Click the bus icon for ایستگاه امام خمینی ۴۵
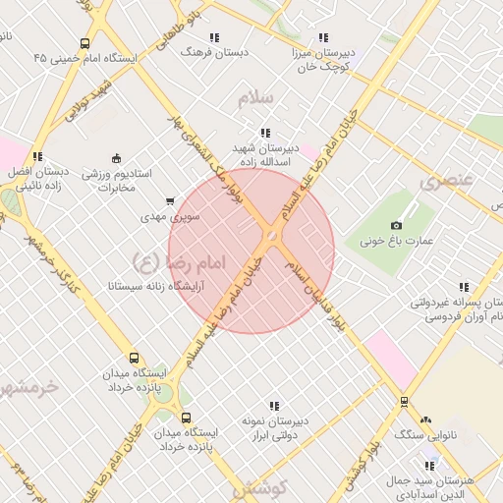pos(85,44)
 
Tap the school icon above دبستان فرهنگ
pos(214,37)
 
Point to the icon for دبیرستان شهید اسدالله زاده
pos(265,133)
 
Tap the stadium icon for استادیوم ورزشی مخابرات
pos(117,159)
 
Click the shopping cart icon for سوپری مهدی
pos(171,200)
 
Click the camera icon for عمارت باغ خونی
pos(397,225)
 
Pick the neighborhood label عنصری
pos(447,181)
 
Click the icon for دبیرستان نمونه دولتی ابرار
pos(274,406)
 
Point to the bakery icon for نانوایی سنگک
pos(425,419)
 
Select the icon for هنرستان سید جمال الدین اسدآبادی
pos(429,466)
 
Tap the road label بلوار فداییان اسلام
pos(321,300)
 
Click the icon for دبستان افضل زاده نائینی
pos(37,156)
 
